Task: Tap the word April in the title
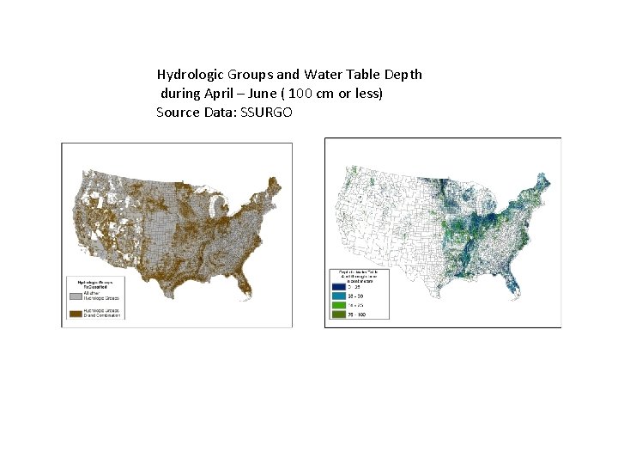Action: pyautogui.click(x=219, y=94)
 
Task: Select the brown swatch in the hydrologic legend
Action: pyautogui.click(x=76, y=314)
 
